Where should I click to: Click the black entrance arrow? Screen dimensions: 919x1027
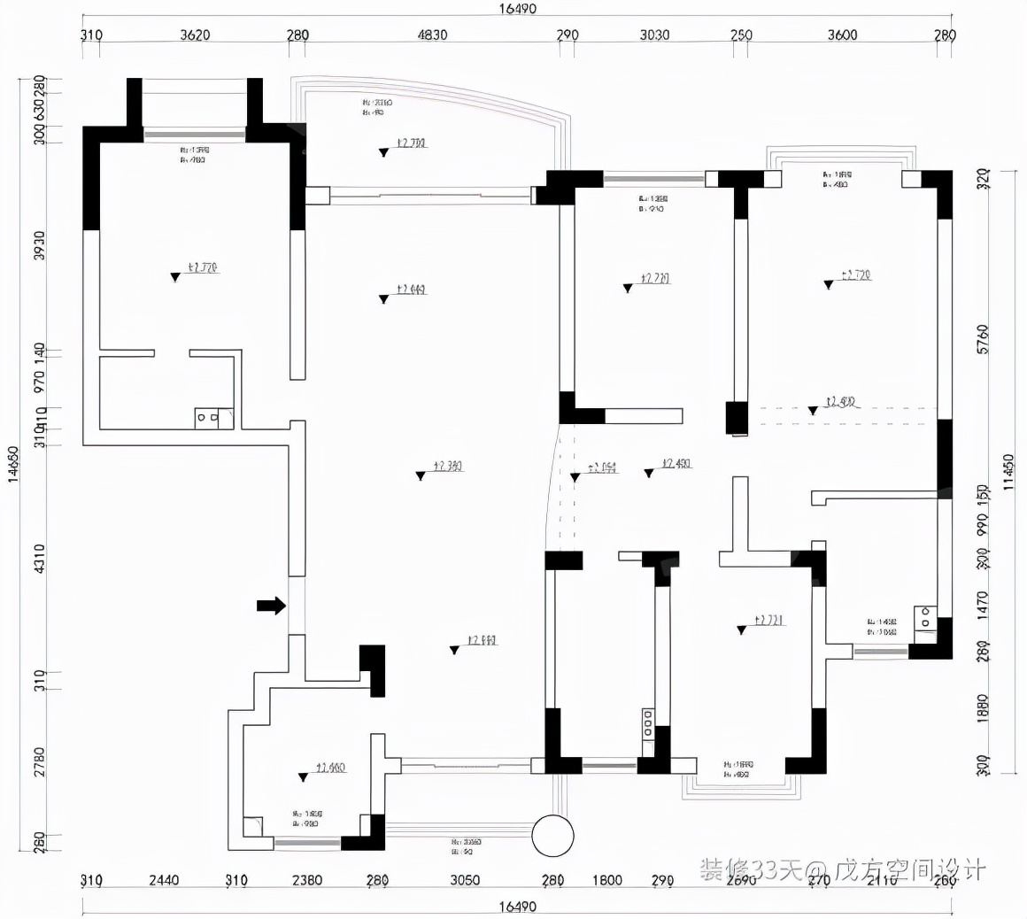coord(272,606)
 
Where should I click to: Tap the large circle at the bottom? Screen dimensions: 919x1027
coord(552,835)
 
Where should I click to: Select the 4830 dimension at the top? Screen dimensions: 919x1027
coord(432,35)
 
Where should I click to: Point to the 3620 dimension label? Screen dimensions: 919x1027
coord(195,35)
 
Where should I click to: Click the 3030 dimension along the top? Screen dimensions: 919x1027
coord(654,35)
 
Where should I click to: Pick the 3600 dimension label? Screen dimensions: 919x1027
coord(842,35)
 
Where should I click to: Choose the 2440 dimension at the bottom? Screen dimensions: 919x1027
coord(164,880)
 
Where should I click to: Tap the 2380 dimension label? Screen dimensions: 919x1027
coord(306,880)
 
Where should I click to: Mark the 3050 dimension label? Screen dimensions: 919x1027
coord(465,880)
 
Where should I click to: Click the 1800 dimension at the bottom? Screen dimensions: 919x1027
coord(606,880)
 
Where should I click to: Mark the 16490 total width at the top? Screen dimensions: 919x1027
coord(517,9)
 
